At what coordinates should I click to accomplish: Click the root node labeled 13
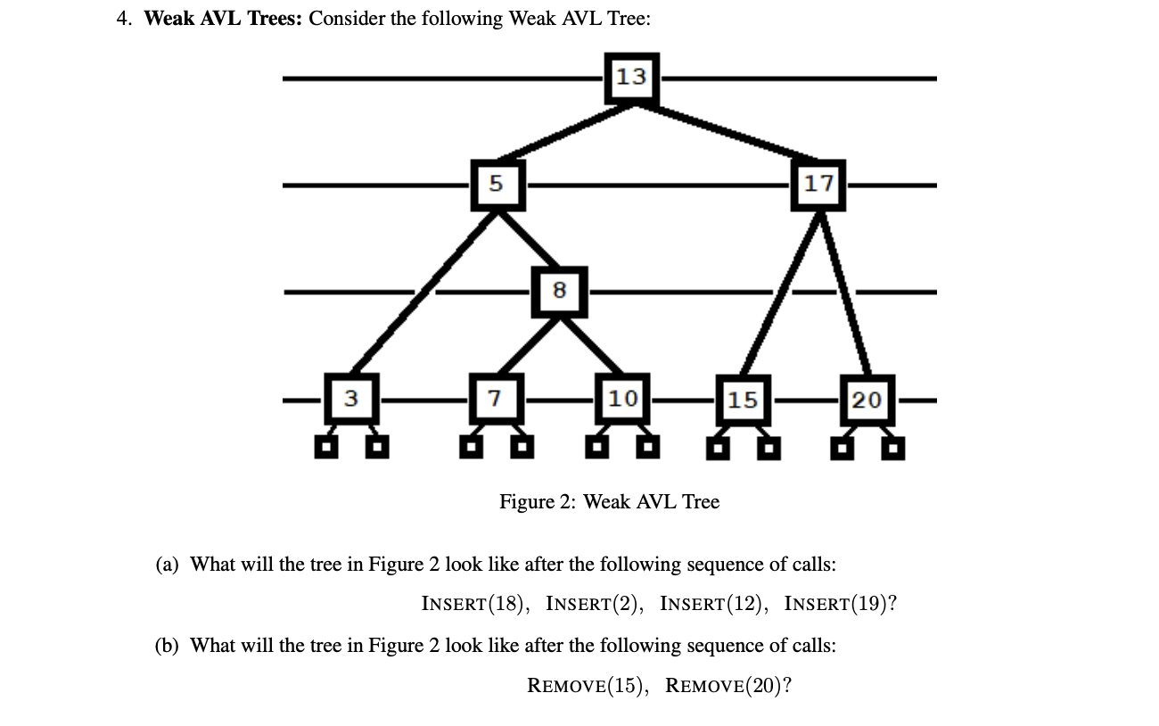(x=631, y=78)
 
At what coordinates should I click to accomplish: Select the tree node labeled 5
(x=497, y=185)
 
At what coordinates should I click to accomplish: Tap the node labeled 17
(x=818, y=185)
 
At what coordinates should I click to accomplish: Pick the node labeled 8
(x=559, y=291)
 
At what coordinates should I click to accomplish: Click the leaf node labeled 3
(x=352, y=399)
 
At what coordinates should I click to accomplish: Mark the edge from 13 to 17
(x=726, y=131)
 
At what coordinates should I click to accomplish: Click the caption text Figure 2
(x=609, y=502)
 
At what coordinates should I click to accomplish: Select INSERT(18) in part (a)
(x=473, y=604)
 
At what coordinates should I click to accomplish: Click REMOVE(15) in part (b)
(x=583, y=685)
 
